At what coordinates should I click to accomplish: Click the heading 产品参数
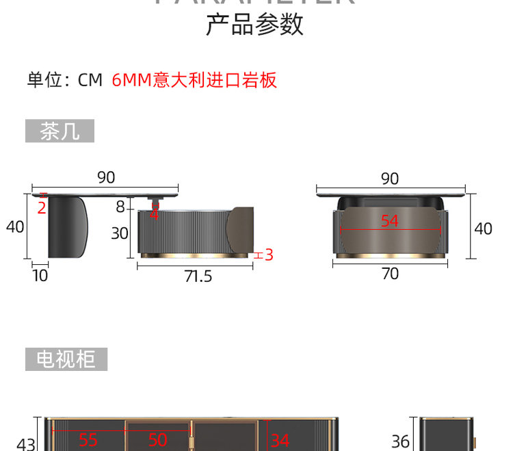pos(254,25)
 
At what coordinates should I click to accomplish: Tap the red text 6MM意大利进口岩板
pos(194,80)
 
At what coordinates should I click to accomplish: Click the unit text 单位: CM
pos(64,80)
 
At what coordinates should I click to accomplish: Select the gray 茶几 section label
pos(60,131)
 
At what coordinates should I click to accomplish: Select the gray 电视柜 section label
pos(66,359)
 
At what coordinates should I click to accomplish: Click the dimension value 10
pos(40,275)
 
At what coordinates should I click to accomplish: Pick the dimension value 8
pos(120,207)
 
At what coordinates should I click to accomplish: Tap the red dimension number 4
pos(155,214)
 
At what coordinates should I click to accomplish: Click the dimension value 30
pos(120,233)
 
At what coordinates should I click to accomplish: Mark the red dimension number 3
pos(269,255)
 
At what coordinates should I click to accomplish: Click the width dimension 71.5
pos(198,276)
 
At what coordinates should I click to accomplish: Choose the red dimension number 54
pos(389,221)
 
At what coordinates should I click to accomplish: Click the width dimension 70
pos(389,274)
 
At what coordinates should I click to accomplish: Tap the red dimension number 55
pos(88,440)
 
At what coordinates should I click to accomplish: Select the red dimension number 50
pos(158,440)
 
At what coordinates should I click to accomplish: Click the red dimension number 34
pos(280,440)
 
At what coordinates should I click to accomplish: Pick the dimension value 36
pos(400,442)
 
